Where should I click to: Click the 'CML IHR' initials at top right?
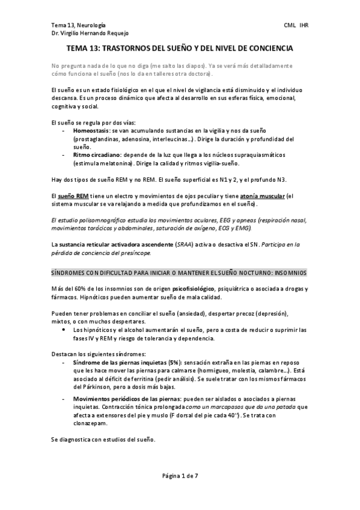pyautogui.click(x=296, y=25)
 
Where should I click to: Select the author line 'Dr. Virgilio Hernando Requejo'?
pyautogui.click(x=90, y=34)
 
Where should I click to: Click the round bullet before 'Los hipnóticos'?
pyautogui.click(x=64, y=330)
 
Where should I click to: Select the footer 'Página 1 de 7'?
pyautogui.click(x=180, y=476)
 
